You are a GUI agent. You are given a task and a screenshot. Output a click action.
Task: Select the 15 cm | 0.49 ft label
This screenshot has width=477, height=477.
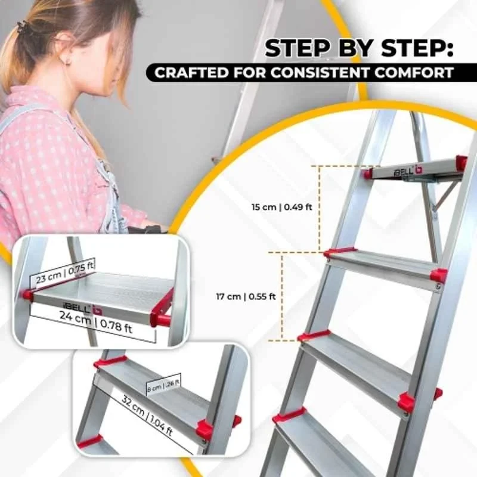click(x=275, y=207)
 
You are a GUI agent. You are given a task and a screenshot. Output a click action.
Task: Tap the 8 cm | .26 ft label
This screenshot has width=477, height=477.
click(x=163, y=384)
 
